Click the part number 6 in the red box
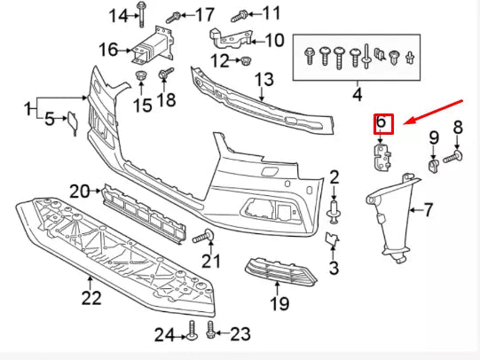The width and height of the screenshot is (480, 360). point(382,121)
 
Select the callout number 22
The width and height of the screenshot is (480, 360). point(92,298)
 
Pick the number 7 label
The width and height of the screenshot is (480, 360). point(427,210)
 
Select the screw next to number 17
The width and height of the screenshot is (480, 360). point(176,15)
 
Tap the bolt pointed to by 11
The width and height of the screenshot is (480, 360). point(240,15)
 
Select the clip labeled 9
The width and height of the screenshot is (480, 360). point(433,163)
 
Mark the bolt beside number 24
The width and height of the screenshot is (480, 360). point(191,334)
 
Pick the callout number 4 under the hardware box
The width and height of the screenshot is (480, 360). point(358,93)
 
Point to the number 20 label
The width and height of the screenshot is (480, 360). point(80,191)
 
